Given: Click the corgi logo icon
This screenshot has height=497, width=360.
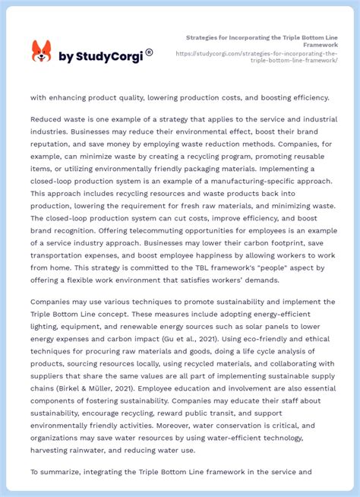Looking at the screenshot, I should tap(41, 52).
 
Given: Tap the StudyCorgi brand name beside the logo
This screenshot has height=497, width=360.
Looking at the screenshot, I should tap(103, 57).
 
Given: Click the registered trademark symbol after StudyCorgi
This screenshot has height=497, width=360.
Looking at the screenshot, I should tap(150, 52).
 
